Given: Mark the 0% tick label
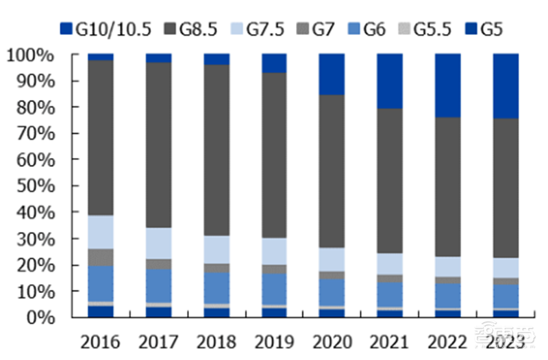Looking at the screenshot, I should (x=40, y=318).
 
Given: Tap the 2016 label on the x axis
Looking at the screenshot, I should (x=100, y=342).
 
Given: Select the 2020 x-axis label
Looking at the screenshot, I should (x=332, y=342).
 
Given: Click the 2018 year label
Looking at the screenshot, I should (x=216, y=342).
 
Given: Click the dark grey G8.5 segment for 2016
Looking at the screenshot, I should (x=101, y=137).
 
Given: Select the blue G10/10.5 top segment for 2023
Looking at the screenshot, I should (x=506, y=86).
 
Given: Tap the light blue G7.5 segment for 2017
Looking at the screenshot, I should (x=158, y=243).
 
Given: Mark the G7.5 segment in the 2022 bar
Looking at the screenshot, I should (x=448, y=266).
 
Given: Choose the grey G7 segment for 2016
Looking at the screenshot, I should (x=101, y=257).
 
